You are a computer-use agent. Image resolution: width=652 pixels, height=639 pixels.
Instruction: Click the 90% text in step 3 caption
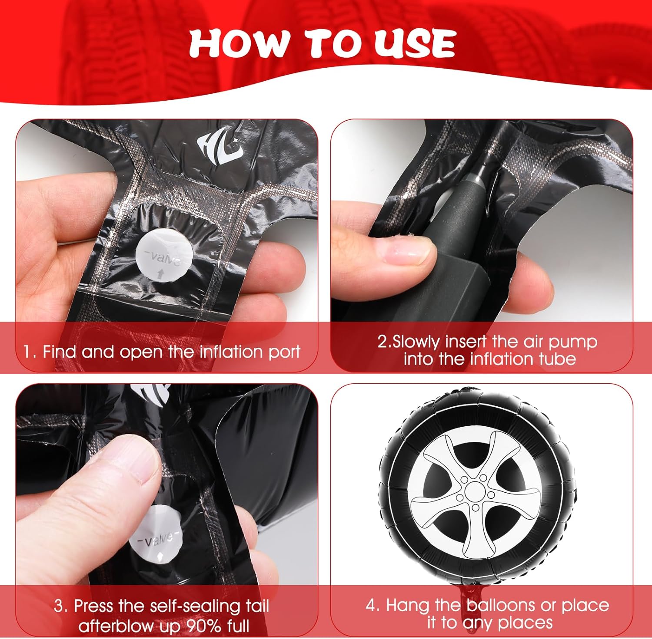(x=203, y=626)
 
